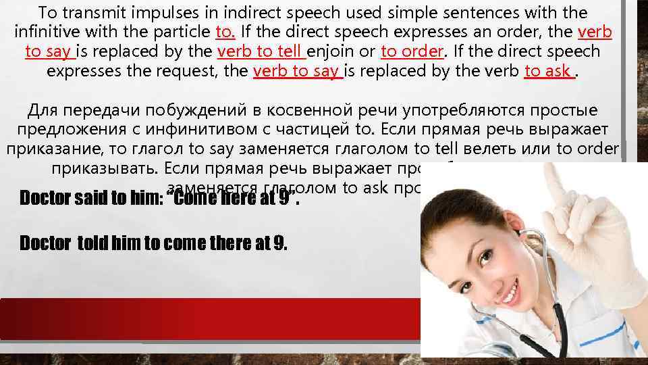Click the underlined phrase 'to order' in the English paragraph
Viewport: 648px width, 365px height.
(412, 51)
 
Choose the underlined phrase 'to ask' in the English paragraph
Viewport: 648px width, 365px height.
(549, 71)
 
